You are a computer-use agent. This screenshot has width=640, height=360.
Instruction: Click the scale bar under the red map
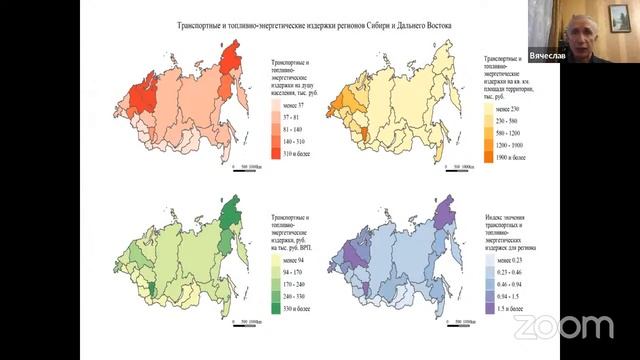pyautogui.click(x=244, y=169)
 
